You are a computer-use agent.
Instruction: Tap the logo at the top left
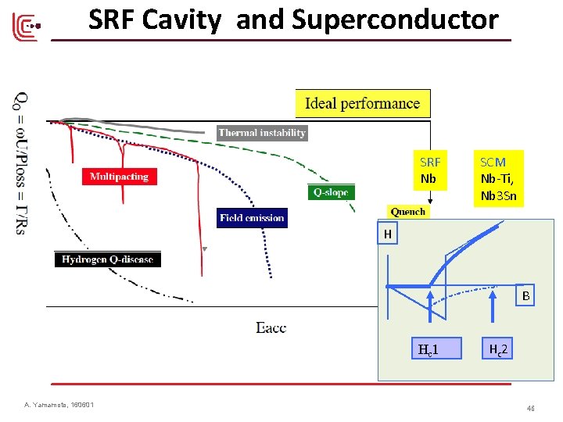pos(25,27)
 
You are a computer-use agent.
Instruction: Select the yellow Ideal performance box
pos(362,103)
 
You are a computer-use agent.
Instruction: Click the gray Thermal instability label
pos(262,133)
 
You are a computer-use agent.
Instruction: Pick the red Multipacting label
pos(119,177)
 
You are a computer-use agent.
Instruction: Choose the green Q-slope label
pos(331,192)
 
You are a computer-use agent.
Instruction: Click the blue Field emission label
pos(252,218)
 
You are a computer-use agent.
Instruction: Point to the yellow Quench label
pos(408,212)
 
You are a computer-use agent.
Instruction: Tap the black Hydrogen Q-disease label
pos(107,259)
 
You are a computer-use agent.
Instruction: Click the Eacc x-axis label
pos(271,327)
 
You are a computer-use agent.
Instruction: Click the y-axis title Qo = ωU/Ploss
pos(23,164)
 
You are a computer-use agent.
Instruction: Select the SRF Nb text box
pos(430,170)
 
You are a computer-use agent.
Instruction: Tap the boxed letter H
pos(387,234)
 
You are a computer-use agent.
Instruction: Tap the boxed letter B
pos(526,296)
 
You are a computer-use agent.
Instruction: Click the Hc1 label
pos(428,349)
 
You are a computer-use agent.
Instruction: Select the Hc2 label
pos(498,349)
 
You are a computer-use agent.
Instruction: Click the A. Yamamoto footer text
pos(59,405)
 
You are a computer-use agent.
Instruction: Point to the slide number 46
pos(531,408)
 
